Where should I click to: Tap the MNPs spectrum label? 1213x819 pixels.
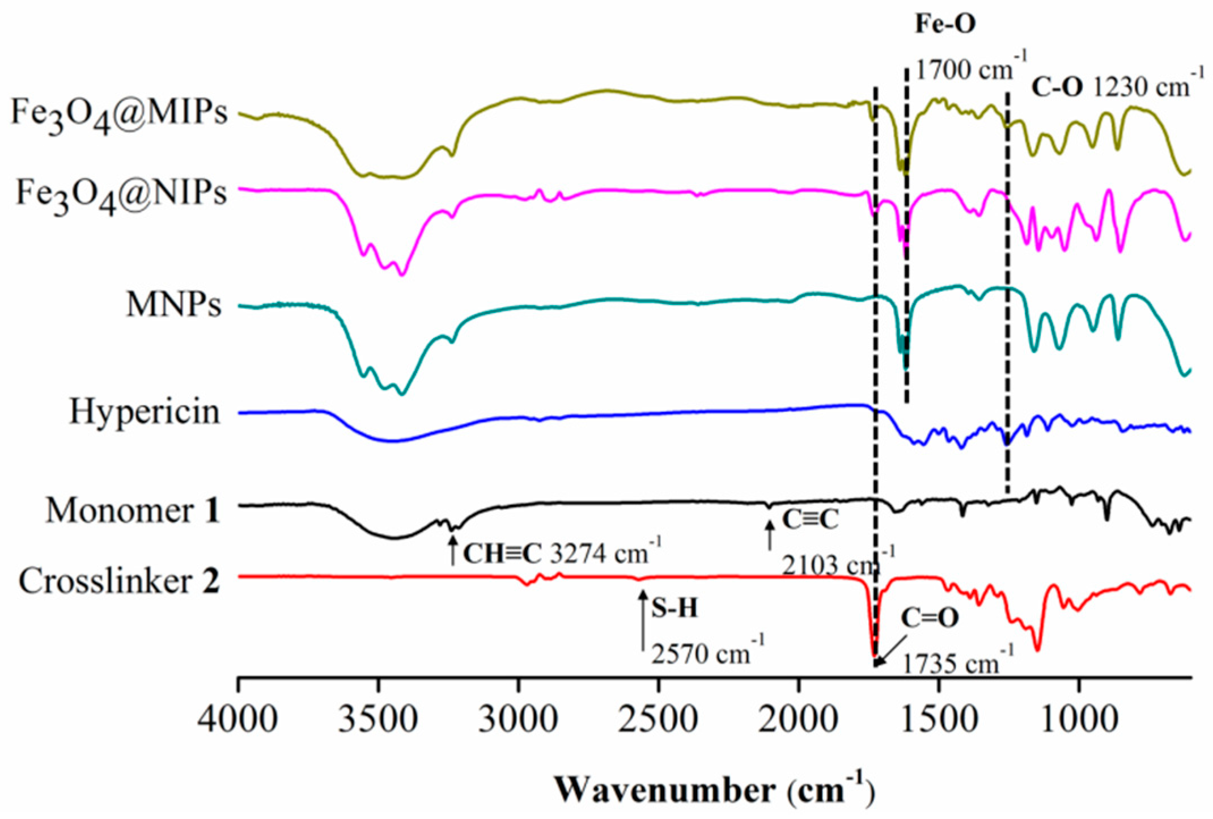(x=173, y=306)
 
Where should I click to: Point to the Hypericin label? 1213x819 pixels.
(x=144, y=411)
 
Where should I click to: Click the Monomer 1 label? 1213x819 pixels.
(x=133, y=510)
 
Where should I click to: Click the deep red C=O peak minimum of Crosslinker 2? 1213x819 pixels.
(x=874, y=654)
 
